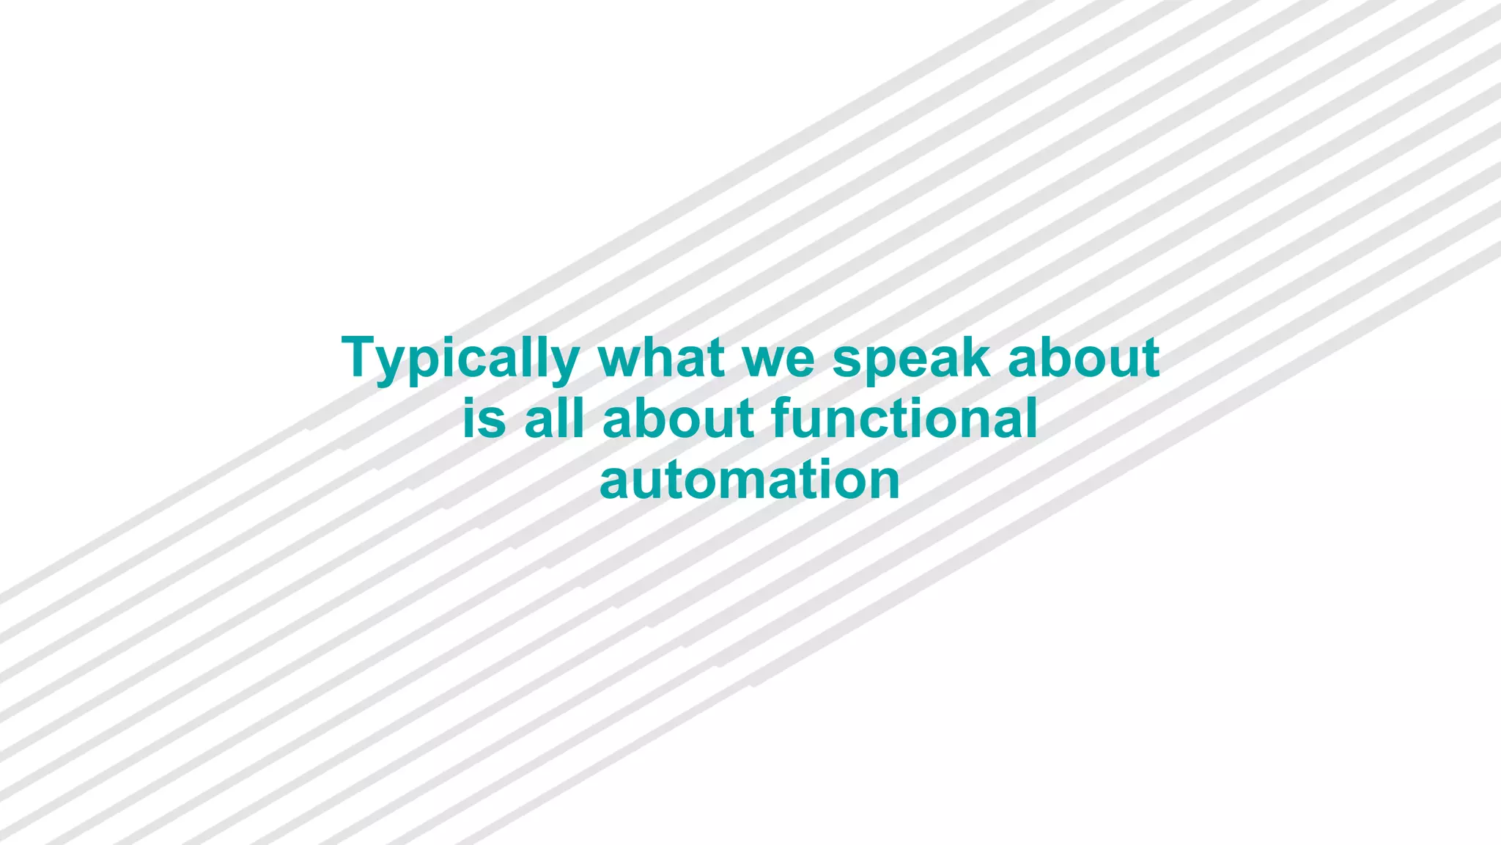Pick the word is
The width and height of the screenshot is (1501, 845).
click(x=484, y=419)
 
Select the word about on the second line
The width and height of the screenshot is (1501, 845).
click(x=679, y=419)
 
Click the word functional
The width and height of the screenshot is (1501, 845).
click(x=904, y=419)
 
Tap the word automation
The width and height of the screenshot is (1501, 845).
click(x=750, y=480)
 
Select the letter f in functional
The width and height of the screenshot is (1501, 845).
click(x=782, y=418)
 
